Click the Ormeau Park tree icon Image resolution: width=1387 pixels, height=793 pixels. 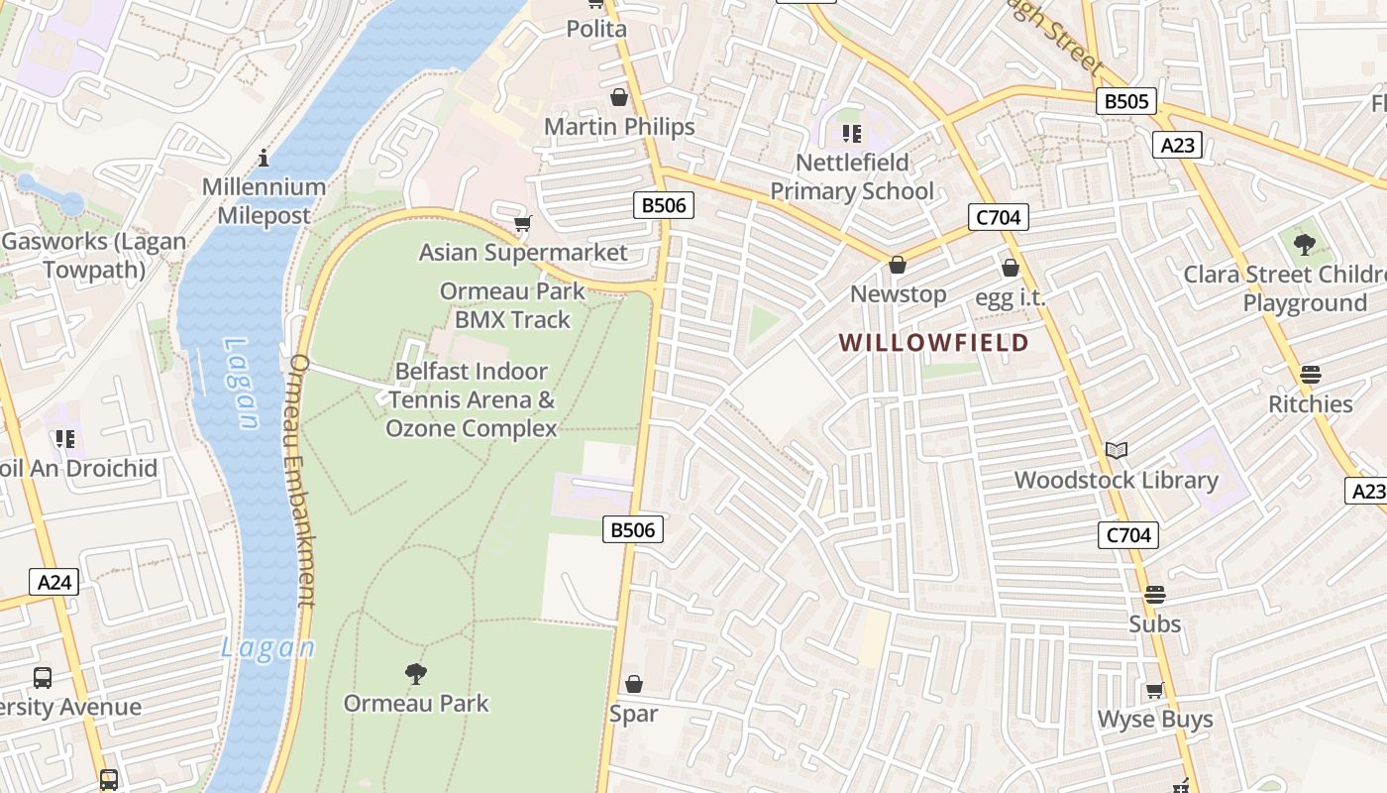pos(416,674)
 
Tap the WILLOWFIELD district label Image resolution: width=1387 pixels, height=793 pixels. pos(933,343)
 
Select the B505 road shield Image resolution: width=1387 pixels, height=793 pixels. pos(1127,101)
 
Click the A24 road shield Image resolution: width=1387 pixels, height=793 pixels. pos(53,582)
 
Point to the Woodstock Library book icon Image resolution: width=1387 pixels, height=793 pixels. pos(1117,451)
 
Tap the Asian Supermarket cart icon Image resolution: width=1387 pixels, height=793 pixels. pos(522,224)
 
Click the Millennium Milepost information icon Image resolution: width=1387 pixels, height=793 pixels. pos(264,158)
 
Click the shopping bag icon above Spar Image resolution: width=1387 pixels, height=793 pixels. pos(634,685)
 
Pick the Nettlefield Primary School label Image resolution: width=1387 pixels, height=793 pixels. pos(852,176)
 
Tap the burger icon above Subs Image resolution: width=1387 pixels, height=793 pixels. pos(1154,595)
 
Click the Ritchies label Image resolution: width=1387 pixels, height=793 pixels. pos(1311,404)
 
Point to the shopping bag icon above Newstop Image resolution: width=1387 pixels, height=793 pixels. pos(898,265)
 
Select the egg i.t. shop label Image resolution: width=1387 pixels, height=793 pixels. pos(1010,297)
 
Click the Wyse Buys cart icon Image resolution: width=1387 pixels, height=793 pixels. pos(1154,691)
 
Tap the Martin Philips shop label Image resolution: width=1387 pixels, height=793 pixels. pos(619,127)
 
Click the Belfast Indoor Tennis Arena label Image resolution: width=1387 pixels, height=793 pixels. pos(472,399)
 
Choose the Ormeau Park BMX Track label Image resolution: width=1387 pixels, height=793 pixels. pos(512,305)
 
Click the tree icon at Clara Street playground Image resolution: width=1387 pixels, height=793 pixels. pos(1305,244)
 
